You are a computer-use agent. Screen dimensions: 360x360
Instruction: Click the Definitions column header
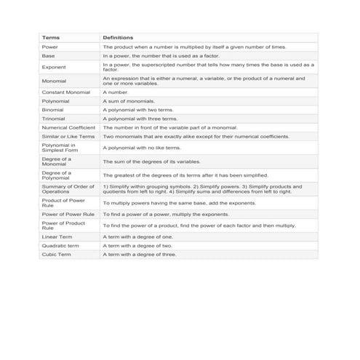pyautogui.click(x=118, y=37)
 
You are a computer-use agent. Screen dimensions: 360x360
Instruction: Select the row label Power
pyautogui.click(x=50, y=47)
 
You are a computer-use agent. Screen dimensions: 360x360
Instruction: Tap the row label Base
pyautogui.click(x=49, y=55)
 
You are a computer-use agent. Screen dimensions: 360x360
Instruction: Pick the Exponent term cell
pyautogui.click(x=54, y=67)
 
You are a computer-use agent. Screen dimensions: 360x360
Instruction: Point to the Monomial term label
pyautogui.click(x=55, y=81)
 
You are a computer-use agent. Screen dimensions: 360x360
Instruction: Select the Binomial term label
pyautogui.click(x=54, y=110)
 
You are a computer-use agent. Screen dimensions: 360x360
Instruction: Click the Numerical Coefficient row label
pyautogui.click(x=68, y=127)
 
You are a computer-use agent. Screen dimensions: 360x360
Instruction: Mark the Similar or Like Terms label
pyautogui.click(x=68, y=136)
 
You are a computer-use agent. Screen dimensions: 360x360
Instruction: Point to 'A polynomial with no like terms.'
pyautogui.click(x=142, y=148)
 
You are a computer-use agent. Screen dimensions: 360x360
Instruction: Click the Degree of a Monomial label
pyautogui.click(x=57, y=161)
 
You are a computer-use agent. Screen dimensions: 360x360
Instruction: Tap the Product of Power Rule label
pyautogui.click(x=63, y=203)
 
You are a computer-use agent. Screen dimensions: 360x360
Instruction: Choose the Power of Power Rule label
pyautogui.click(x=68, y=215)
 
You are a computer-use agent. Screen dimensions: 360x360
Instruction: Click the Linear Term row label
pyautogui.click(x=57, y=237)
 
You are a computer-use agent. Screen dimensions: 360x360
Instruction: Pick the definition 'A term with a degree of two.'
pyautogui.click(x=137, y=246)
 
